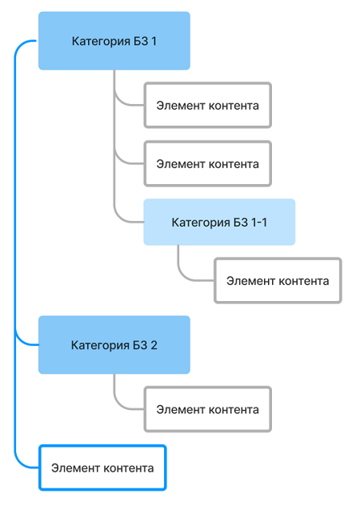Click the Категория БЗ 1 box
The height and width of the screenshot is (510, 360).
114,41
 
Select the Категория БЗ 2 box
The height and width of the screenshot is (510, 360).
114,345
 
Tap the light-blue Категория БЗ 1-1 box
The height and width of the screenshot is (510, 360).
219,222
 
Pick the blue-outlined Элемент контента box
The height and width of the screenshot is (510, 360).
102,468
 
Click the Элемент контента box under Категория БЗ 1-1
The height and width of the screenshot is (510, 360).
278,281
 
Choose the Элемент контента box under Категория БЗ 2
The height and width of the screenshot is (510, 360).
208,409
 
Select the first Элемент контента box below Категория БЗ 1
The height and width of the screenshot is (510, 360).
208,105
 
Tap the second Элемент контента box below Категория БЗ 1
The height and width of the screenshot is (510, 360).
208,163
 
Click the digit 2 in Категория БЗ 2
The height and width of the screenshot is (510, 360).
154,345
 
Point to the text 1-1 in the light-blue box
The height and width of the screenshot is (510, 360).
259,223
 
